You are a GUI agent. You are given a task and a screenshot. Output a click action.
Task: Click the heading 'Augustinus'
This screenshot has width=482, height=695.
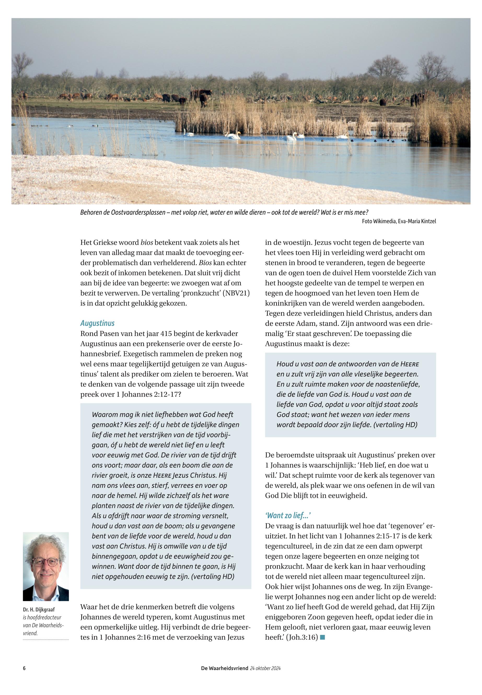(x=97, y=323)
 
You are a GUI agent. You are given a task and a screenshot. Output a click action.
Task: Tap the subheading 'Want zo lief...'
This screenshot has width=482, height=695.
(x=288, y=515)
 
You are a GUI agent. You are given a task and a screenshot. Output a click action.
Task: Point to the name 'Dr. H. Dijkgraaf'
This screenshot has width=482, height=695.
(x=39, y=610)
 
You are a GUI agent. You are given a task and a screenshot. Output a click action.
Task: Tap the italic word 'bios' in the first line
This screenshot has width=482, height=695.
(x=147, y=242)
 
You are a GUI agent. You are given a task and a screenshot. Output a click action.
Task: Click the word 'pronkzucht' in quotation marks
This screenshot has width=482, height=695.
(x=201, y=293)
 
